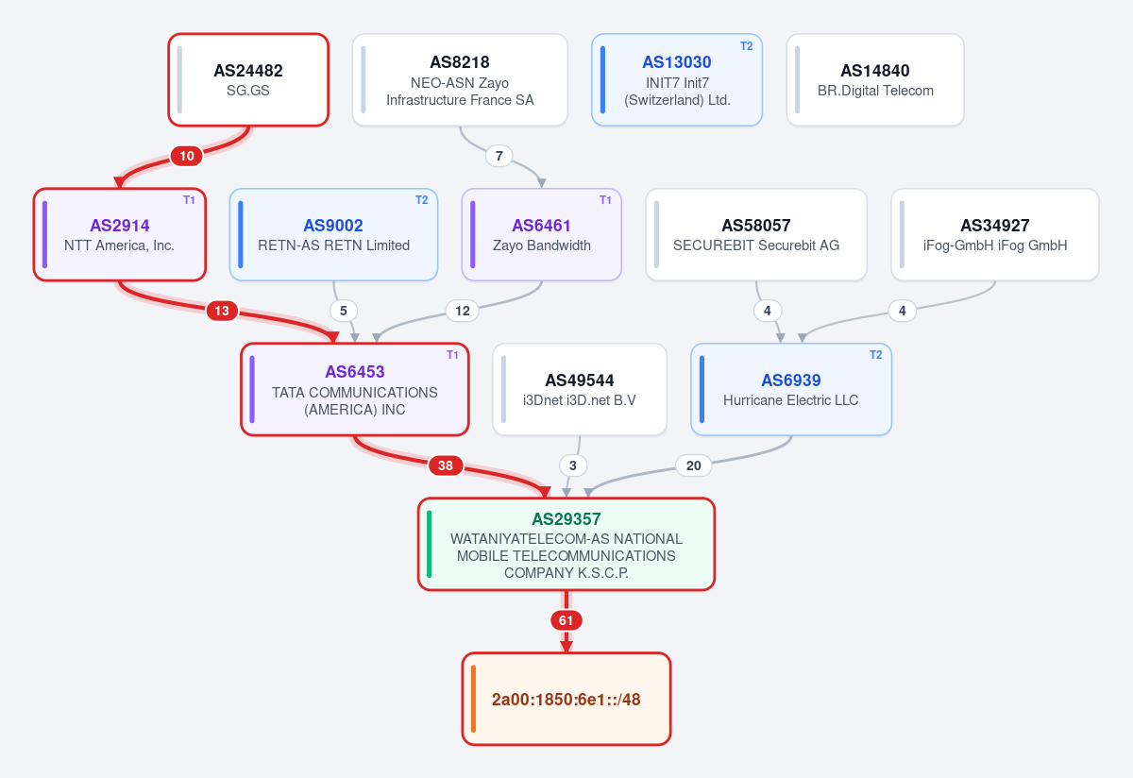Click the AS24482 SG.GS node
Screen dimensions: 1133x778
pyautogui.click(x=248, y=80)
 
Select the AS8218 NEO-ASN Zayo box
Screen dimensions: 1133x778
pyautogui.click(x=460, y=80)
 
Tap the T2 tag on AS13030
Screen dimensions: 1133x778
pyautogui.click(x=747, y=46)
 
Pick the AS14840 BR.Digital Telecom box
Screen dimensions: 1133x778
pyautogui.click(x=875, y=80)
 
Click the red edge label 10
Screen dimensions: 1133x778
pyautogui.click(x=187, y=156)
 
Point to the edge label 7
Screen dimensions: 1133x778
pyautogui.click(x=499, y=156)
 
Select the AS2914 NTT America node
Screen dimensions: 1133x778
pyautogui.click(x=120, y=235)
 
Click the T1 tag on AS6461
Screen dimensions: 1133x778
pyautogui.click(x=605, y=200)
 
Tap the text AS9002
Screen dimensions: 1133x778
pyautogui.click(x=333, y=226)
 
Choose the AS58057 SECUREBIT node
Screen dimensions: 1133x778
pyautogui.click(x=756, y=235)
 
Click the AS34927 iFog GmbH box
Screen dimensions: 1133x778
pyautogui.click(x=995, y=235)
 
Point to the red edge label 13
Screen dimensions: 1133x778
pyautogui.click(x=222, y=311)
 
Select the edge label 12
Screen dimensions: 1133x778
pyautogui.click(x=463, y=311)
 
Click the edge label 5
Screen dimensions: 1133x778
pyautogui.click(x=344, y=311)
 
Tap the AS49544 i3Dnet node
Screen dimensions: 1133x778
pyautogui.click(x=580, y=390)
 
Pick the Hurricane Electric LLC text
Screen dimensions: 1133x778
pyautogui.click(x=790, y=400)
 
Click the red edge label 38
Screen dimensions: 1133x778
pyautogui.click(x=446, y=465)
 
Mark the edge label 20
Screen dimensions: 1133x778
pyautogui.click(x=693, y=465)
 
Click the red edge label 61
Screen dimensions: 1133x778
pyautogui.click(x=566, y=620)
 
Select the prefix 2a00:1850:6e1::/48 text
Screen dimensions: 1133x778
pyautogui.click(x=566, y=700)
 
